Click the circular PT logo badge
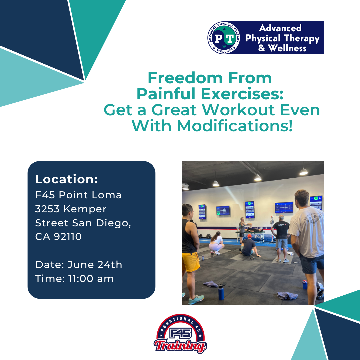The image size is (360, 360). (224, 38)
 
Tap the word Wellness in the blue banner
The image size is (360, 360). (287, 48)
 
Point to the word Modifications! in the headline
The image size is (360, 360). (235, 126)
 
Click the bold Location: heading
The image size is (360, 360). (67, 179)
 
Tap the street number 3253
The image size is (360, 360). (47, 209)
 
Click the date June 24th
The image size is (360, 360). (95, 264)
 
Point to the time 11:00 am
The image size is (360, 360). (91, 279)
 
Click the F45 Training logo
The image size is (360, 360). (180, 334)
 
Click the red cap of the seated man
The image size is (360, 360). (249, 236)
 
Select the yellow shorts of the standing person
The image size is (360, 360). (190, 262)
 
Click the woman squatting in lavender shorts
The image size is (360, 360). (216, 243)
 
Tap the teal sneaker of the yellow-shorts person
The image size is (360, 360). (196, 299)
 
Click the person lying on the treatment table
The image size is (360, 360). (253, 230)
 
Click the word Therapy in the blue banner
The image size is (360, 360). (302, 39)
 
